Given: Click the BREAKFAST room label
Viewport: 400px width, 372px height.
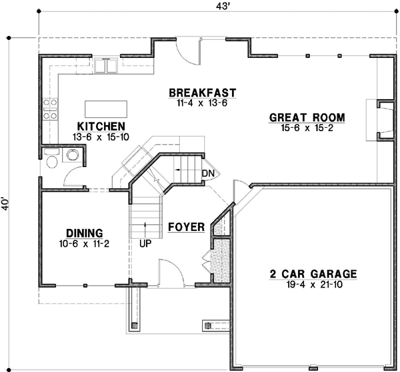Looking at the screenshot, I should [x=203, y=93].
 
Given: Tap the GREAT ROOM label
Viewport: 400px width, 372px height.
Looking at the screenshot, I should [x=307, y=118].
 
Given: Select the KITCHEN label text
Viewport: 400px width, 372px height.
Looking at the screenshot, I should [x=101, y=126].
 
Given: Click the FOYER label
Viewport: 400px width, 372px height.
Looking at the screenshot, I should [x=186, y=227].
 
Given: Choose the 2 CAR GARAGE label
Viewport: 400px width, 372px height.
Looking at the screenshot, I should [x=313, y=274].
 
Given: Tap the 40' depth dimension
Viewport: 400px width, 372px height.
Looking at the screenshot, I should [x=7, y=203].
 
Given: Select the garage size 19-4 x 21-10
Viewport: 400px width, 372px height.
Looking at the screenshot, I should [x=313, y=284].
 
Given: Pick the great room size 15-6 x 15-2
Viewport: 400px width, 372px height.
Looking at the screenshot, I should [x=307, y=128].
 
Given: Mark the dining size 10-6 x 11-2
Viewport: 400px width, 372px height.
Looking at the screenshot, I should [x=83, y=244].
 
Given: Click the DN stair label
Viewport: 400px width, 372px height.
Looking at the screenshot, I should [x=208, y=174].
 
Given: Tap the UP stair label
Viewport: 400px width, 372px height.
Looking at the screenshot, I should [x=145, y=243].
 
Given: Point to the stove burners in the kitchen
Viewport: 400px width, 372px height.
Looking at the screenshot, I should [x=50, y=108].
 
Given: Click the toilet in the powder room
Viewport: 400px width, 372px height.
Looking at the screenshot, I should [x=52, y=156].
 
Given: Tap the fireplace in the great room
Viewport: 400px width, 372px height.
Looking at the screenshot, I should [x=382, y=120].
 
